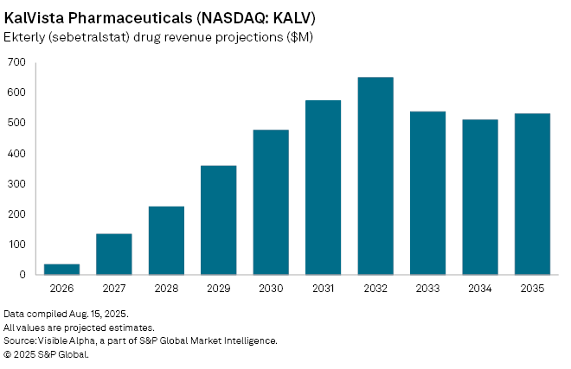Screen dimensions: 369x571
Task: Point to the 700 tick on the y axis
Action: tap(16, 62)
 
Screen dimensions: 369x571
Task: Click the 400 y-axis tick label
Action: tap(16, 153)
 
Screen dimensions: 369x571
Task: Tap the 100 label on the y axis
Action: tap(16, 245)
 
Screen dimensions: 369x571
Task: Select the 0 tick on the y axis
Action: tap(22, 275)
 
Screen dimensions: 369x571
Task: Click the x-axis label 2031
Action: tap(324, 289)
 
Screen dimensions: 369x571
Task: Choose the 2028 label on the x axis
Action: tap(166, 289)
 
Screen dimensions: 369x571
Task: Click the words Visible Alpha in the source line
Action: tap(65, 340)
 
